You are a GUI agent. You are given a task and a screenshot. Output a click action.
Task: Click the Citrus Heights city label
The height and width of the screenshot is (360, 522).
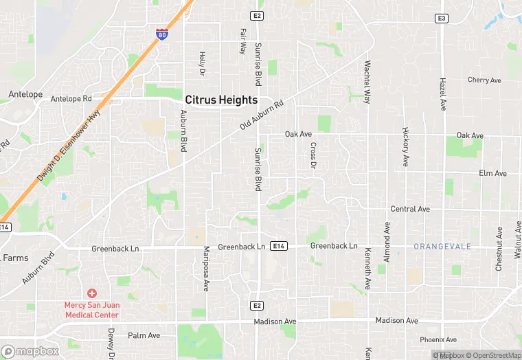(x=221, y=100)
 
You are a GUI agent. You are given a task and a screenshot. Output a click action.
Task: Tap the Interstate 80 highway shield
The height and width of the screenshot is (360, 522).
(x=161, y=34)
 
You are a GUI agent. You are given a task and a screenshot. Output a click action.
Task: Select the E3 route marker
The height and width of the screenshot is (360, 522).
(x=442, y=18)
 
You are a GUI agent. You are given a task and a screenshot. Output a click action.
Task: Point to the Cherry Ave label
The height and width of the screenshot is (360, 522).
(x=484, y=80)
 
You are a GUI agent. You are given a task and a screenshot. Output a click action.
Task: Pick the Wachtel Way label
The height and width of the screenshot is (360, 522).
(x=367, y=82)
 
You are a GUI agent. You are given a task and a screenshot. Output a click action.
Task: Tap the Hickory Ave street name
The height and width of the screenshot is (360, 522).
(x=406, y=146)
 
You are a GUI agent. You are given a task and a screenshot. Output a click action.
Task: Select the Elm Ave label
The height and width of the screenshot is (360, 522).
(x=492, y=174)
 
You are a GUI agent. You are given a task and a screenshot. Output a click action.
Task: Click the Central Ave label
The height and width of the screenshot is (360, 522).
(x=410, y=209)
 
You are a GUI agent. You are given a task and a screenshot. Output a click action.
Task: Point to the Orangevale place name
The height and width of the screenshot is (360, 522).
(x=442, y=246)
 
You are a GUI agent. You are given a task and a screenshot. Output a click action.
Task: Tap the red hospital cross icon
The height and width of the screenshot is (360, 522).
(x=92, y=293)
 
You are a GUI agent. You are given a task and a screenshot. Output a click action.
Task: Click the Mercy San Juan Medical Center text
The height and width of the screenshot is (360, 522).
(x=92, y=310)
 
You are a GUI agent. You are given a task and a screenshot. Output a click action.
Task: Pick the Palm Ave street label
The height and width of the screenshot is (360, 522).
(x=144, y=336)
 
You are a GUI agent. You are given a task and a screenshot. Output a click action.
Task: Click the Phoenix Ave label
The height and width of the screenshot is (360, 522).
(x=438, y=339)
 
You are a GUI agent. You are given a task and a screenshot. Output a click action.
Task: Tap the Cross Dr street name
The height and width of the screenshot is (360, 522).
(x=313, y=155)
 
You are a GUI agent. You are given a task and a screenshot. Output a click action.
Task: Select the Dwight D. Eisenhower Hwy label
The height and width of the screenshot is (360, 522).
(x=69, y=146)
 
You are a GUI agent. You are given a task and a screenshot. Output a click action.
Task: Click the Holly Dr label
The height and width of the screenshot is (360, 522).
(x=202, y=63)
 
